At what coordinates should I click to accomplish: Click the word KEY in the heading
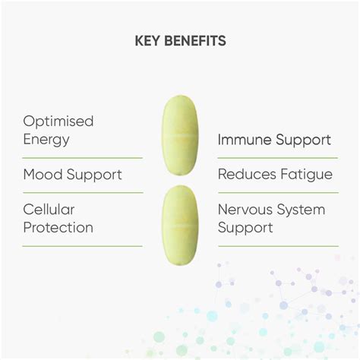pyautogui.click(x=148, y=41)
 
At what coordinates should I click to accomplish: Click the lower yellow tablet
pyautogui.click(x=180, y=226)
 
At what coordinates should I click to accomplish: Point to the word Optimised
pyautogui.click(x=58, y=122)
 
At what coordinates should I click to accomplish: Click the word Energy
pyautogui.click(x=46, y=140)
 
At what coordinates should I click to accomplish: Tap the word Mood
pyautogui.click(x=42, y=175)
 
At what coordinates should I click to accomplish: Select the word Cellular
pyautogui.click(x=48, y=209)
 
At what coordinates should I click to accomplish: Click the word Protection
pyautogui.click(x=58, y=227)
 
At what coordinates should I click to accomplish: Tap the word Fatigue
pyautogui.click(x=307, y=175)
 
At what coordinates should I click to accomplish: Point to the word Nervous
pyautogui.click(x=248, y=209)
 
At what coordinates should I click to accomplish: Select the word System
pyautogui.click(x=303, y=209)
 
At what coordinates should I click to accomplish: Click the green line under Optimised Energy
pyautogui.click(x=83, y=158)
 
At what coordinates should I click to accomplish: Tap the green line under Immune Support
pyautogui.click(x=276, y=158)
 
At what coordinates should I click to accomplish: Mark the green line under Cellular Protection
pyautogui.click(x=83, y=246)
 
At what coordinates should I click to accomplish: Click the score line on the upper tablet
pyautogui.click(x=180, y=134)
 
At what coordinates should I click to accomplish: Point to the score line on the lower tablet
pyautogui.click(x=180, y=226)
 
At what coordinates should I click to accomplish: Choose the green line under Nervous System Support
pyautogui.click(x=276, y=246)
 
